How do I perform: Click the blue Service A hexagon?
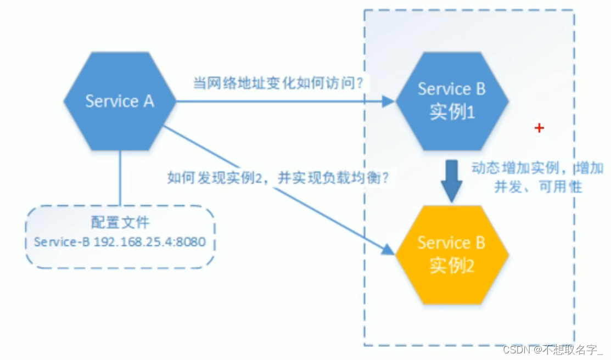pyautogui.click(x=120, y=101)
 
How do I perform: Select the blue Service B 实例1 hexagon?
pyautogui.click(x=452, y=101)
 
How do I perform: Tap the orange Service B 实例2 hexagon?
pyautogui.click(x=452, y=255)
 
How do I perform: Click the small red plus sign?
pyautogui.click(x=539, y=128)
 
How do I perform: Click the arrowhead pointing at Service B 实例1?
pyautogui.click(x=389, y=101)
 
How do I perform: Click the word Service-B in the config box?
pyautogui.click(x=62, y=242)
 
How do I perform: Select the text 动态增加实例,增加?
pyautogui.click(x=537, y=168)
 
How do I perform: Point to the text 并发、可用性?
pyautogui.click(x=537, y=187)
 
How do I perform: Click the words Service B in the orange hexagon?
pyautogui.click(x=452, y=243)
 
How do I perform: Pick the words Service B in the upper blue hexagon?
pyautogui.click(x=452, y=89)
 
